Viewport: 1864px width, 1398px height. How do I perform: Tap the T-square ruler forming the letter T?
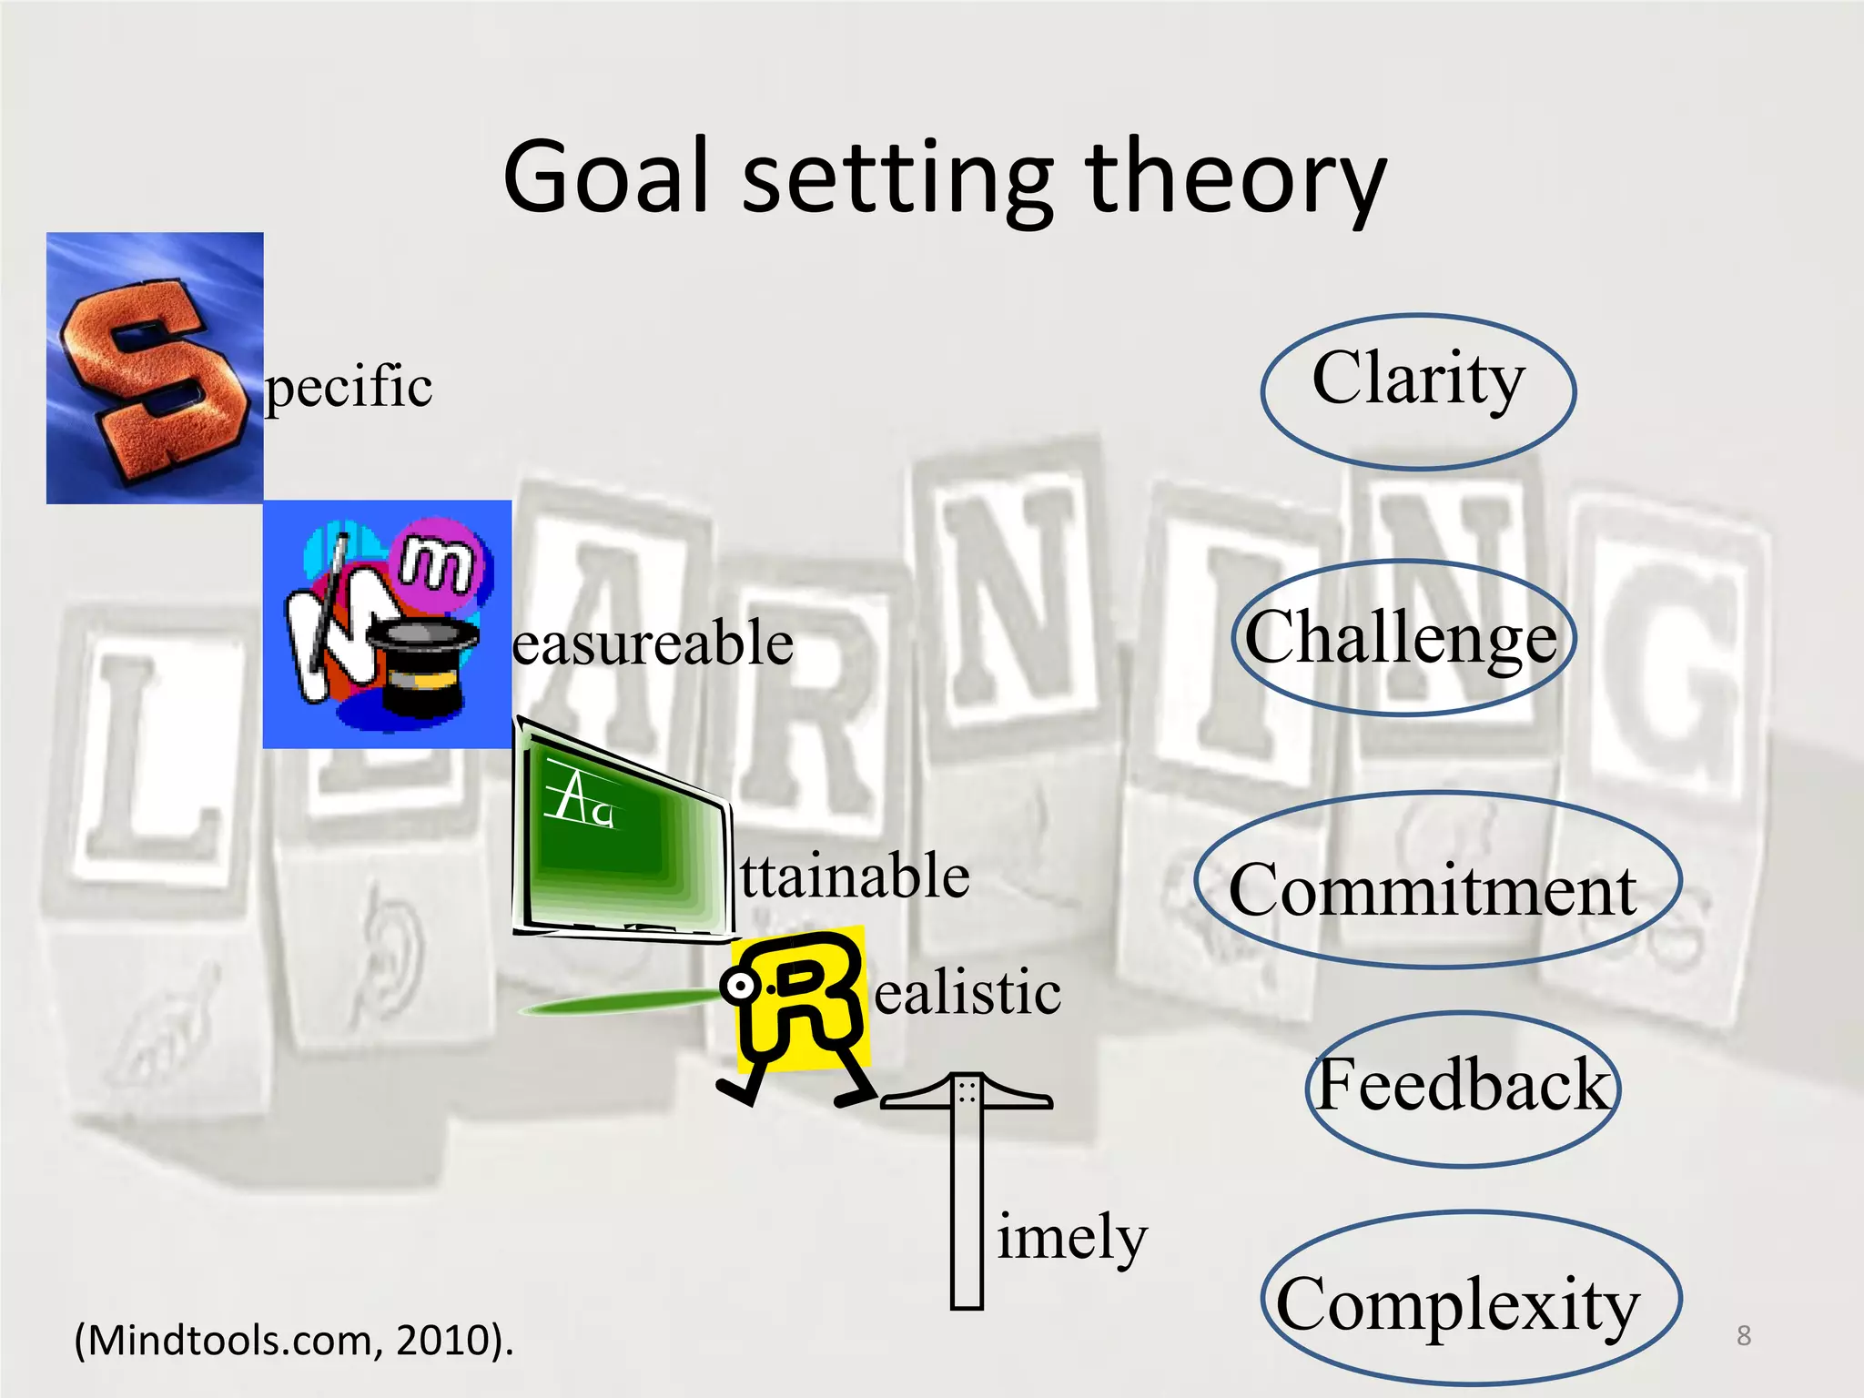(x=967, y=1183)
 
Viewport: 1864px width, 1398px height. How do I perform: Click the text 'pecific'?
(x=348, y=387)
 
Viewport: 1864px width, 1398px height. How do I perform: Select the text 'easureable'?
(x=653, y=643)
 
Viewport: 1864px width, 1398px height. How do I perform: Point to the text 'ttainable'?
(x=855, y=876)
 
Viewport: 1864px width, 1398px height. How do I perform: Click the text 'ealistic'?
(x=967, y=992)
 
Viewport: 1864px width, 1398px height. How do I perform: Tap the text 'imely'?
(x=1072, y=1238)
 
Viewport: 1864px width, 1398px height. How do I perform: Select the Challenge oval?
(x=1402, y=637)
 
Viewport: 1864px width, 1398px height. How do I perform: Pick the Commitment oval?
(x=1436, y=881)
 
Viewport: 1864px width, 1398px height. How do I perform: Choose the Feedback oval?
(x=1463, y=1087)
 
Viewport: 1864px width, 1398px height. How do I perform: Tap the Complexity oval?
(x=1470, y=1300)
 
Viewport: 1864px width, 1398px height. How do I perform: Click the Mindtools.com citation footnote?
(x=294, y=1340)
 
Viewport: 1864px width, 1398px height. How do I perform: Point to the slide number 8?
(x=1743, y=1335)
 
